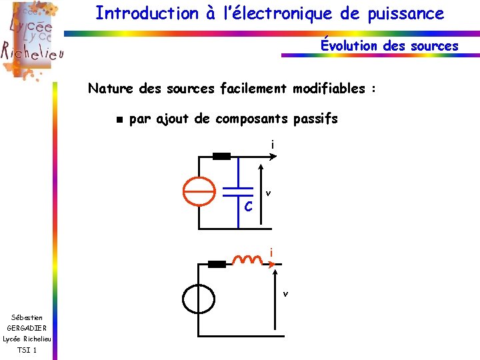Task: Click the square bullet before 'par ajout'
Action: [118, 120]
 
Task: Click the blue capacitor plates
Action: [238, 192]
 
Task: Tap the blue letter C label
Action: [248, 207]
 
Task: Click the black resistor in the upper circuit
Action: [221, 157]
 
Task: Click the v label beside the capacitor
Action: [268, 193]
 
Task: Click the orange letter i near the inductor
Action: [271, 253]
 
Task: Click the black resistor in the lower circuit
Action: [217, 264]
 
